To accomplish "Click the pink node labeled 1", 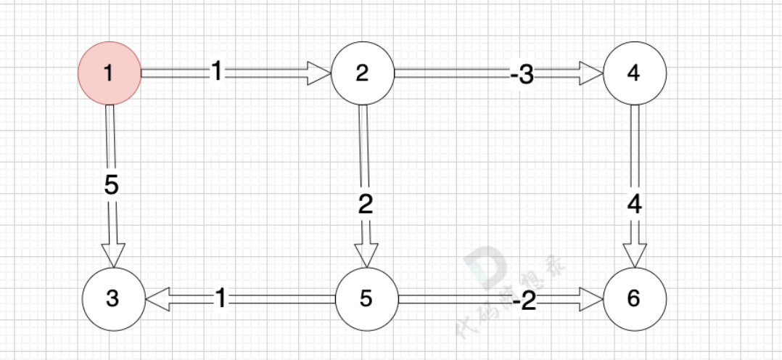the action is click(109, 73).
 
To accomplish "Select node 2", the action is click(362, 73).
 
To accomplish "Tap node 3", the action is click(112, 299).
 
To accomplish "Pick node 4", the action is click(634, 73).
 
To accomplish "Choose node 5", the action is click(366, 299).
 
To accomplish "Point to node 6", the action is click(634, 299).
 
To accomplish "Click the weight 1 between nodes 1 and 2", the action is click(217, 71).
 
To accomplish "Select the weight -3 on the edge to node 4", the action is click(522, 75).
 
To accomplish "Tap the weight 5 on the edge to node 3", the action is click(111, 185).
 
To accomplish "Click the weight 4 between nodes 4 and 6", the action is click(635, 205).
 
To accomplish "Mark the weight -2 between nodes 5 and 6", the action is click(524, 300).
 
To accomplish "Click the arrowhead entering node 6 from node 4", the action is click(635, 253).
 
